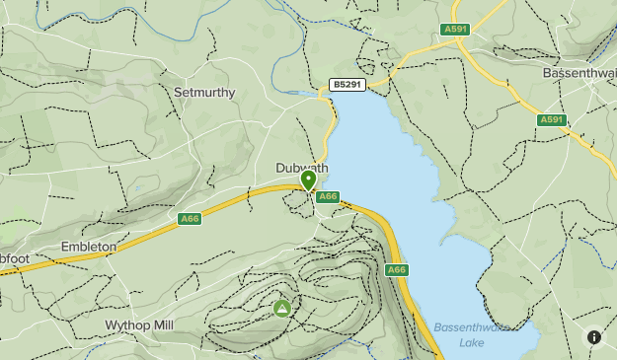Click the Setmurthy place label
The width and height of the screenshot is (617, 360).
point(204,93)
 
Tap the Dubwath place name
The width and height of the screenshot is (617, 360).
point(301,169)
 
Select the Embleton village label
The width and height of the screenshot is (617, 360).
point(88,247)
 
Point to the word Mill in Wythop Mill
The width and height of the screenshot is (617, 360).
point(163,324)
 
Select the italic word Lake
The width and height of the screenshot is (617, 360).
point(471,342)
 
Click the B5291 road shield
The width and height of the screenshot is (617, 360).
point(347,86)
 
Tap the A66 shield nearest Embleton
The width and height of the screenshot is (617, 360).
point(190,218)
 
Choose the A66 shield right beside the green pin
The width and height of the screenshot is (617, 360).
point(329,196)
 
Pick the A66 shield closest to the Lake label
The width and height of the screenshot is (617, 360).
point(396,269)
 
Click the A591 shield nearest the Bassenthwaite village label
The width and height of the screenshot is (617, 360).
point(551,120)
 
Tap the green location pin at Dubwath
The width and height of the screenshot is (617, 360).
point(309,180)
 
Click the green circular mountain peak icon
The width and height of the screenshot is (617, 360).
point(282,309)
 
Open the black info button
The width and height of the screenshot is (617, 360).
point(594,337)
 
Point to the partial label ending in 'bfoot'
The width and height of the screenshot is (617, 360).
point(15,258)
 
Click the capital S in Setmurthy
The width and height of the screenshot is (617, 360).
point(178,93)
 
